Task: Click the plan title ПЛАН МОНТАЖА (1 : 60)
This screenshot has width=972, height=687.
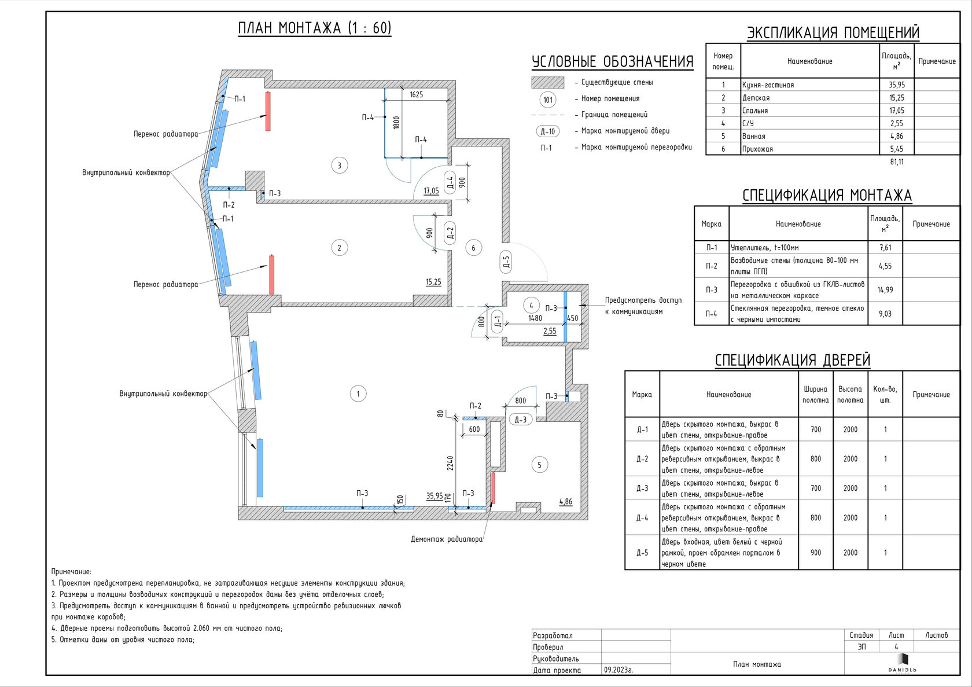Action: pos(315,28)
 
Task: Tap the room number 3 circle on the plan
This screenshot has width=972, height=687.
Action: pos(339,166)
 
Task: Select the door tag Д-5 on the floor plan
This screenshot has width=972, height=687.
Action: pos(506,262)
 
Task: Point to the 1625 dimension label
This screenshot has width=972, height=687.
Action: pos(416,94)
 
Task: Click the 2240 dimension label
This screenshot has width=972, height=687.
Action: pos(450,462)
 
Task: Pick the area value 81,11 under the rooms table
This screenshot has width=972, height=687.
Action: pos(897,162)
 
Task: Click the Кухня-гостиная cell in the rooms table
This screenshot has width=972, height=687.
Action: pos(768,85)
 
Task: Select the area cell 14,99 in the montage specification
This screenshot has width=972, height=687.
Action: pos(885,290)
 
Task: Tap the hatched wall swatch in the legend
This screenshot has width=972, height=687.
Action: pos(547,82)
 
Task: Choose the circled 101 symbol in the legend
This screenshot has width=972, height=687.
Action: pos(548,100)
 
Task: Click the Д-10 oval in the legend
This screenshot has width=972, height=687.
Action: pos(547,131)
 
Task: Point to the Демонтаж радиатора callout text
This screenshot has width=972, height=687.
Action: pos(447,539)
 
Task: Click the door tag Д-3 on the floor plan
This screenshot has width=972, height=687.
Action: pos(520,420)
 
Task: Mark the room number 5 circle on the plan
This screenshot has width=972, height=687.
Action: pos(539,465)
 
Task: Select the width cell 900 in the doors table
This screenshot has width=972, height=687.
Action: pos(815,553)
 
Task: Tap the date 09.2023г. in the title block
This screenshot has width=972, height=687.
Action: pos(618,670)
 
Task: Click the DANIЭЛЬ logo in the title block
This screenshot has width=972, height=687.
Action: pos(902,663)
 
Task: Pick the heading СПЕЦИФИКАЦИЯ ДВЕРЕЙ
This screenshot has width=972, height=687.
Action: pos(793,360)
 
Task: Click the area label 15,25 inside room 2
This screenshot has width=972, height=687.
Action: pos(433,282)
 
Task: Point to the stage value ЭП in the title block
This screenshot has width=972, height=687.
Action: pos(861,646)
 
